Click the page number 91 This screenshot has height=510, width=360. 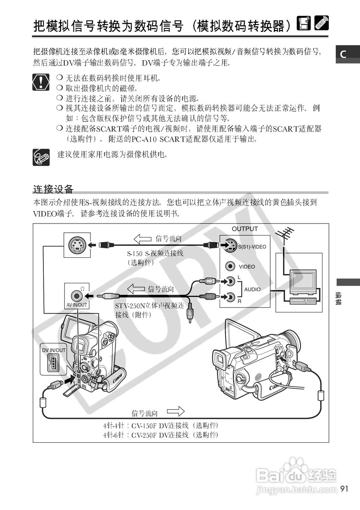[x=344, y=488]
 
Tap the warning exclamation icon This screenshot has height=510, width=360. [x=40, y=81]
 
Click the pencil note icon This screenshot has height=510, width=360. [x=41, y=157]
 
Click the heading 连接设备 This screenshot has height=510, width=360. [x=53, y=188]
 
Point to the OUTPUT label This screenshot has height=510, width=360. [x=245, y=229]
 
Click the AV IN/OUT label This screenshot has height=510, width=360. [x=77, y=305]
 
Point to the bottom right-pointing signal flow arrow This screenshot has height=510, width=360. [x=175, y=411]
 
